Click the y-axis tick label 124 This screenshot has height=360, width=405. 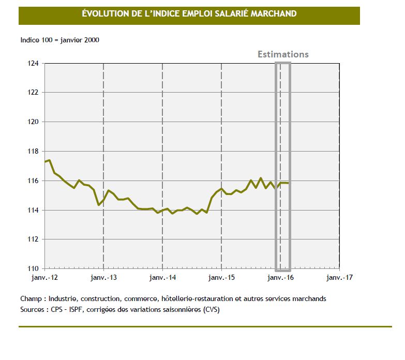33,63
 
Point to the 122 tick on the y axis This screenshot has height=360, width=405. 33,93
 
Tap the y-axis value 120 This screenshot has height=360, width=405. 33,122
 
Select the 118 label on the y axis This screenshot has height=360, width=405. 33,152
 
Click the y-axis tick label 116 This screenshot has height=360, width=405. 33,181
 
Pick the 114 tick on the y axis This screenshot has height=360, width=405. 33,211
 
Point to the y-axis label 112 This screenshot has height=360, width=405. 33,239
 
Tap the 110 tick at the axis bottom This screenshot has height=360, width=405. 33,269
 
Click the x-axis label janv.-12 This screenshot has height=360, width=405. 45,277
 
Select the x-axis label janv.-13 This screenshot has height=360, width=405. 103,277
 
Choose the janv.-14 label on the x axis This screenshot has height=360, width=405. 162,277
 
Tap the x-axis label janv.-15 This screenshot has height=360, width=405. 221,277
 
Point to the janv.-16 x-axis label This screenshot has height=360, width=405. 280,277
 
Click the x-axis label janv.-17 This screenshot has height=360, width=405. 339,277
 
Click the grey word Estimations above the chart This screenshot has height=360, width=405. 283,54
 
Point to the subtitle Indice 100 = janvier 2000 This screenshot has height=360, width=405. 59,40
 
